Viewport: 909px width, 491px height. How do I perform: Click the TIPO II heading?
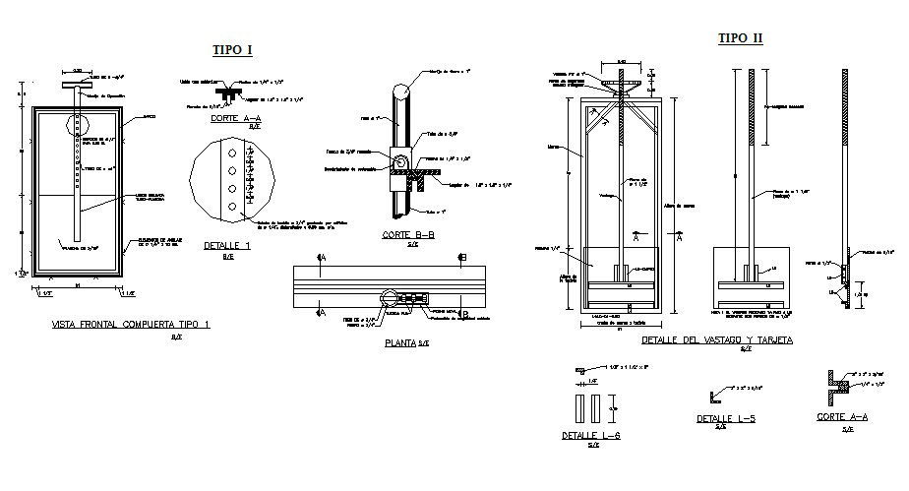[740, 38]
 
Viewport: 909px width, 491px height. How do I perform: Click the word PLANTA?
[399, 343]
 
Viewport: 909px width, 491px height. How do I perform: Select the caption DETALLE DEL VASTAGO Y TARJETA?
[716, 339]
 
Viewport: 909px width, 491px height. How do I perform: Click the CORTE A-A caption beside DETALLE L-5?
[841, 417]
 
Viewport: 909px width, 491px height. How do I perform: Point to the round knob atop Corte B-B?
[402, 92]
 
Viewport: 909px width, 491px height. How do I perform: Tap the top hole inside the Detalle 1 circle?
[228, 154]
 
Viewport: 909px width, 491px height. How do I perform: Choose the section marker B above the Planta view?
[461, 258]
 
